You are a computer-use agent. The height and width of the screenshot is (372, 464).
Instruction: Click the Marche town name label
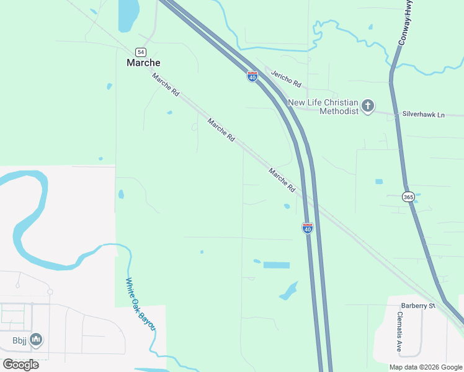(143, 63)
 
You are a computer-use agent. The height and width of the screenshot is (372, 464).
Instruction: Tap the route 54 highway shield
(141, 51)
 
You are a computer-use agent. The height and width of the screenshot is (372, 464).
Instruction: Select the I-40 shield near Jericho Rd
(252, 76)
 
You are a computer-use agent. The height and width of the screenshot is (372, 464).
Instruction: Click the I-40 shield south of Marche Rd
(307, 228)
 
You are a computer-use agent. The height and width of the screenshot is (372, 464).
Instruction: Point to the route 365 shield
(408, 197)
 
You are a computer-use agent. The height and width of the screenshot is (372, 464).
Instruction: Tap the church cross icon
(368, 106)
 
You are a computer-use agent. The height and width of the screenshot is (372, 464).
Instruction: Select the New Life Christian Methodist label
(323, 107)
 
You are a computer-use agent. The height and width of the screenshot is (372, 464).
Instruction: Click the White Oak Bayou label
(140, 304)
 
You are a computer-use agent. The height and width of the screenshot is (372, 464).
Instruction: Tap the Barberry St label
(417, 306)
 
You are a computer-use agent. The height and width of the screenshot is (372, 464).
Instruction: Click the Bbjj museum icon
(36, 340)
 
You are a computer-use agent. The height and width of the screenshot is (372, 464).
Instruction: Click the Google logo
(21, 364)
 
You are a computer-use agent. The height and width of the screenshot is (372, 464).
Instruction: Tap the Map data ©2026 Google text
(426, 367)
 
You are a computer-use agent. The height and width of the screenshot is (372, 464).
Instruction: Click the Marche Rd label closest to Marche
(166, 84)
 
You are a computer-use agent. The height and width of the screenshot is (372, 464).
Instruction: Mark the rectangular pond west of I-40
(276, 265)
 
